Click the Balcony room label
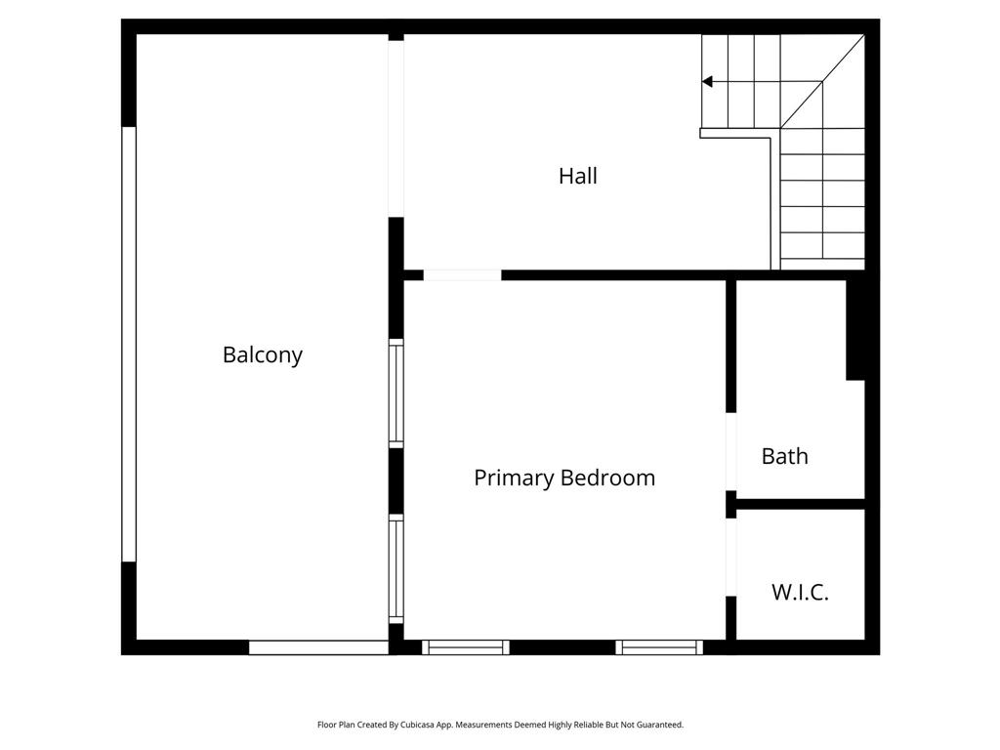point(262,354)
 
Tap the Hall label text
point(578,176)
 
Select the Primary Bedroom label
point(564,478)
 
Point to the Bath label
point(784,456)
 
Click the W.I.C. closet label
point(800,592)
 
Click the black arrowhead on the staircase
point(707,82)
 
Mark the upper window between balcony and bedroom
point(396,393)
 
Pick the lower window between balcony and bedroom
point(396,569)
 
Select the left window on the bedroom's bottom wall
point(466,647)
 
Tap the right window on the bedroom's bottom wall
point(659,647)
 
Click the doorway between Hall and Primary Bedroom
point(462,275)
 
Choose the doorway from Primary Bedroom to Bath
point(730,451)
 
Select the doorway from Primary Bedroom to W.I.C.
point(730,558)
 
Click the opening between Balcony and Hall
point(396,129)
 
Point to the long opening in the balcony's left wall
point(129,345)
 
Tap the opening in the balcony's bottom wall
point(319,647)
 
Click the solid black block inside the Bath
point(855,330)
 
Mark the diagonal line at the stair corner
point(822,82)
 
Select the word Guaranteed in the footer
point(661,725)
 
